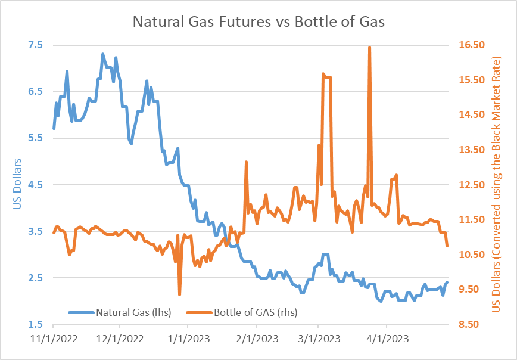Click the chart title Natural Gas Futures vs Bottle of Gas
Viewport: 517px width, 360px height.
[258, 23]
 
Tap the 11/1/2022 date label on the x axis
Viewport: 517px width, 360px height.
[54, 339]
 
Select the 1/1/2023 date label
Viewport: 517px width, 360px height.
[188, 339]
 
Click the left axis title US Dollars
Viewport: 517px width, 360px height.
[17, 185]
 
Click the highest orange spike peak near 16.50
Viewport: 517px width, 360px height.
[370, 47]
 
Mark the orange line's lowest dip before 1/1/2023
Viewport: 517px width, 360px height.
[179, 294]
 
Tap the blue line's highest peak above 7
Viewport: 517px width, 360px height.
[102, 54]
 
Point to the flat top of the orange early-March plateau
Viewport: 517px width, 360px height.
[327, 77]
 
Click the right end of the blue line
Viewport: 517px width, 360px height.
[447, 282]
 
